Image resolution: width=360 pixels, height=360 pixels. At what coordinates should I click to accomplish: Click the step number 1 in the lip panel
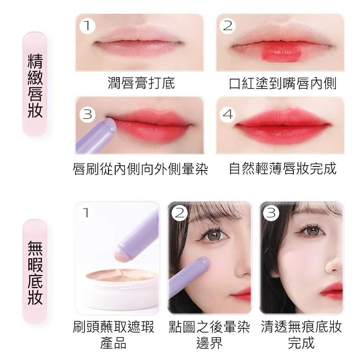pyautogui.click(x=87, y=26)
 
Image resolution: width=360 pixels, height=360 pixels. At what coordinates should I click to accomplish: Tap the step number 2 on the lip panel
pyautogui.click(x=228, y=26)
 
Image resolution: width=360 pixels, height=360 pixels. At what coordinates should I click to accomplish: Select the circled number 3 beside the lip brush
pyautogui.click(x=87, y=114)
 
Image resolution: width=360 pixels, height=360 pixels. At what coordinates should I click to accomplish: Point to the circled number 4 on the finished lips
pyautogui.click(x=228, y=114)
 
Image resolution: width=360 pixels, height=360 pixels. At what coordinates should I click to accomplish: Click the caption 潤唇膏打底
pyautogui.click(x=141, y=83)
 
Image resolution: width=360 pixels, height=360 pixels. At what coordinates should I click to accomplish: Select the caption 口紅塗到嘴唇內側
pyautogui.click(x=283, y=83)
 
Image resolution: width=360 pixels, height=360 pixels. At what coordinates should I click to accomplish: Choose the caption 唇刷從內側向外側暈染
pyautogui.click(x=140, y=169)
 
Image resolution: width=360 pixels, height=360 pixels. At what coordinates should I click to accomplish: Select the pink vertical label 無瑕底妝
pyautogui.click(x=35, y=272)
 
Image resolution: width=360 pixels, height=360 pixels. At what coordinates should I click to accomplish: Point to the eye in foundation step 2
pyautogui.click(x=213, y=235)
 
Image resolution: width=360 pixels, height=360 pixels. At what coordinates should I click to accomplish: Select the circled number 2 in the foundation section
pyautogui.click(x=180, y=213)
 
